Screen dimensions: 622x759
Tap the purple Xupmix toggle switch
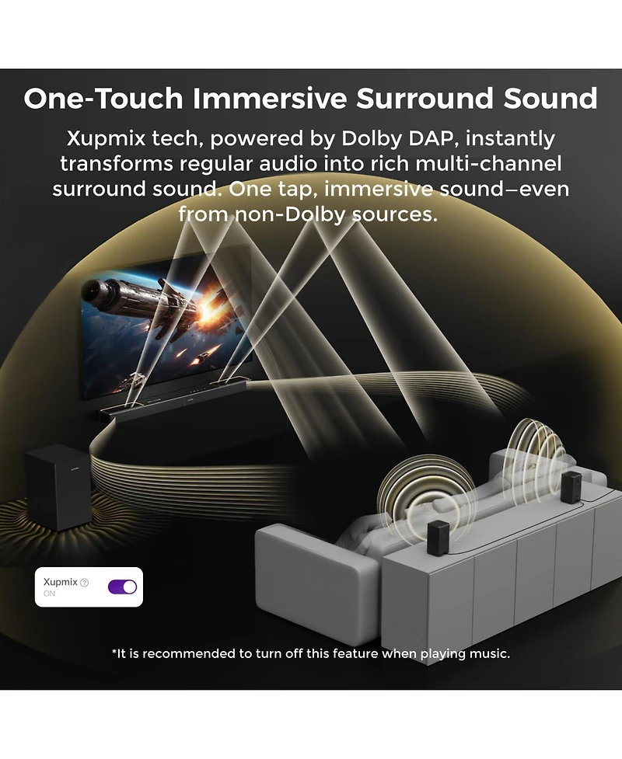[122, 587]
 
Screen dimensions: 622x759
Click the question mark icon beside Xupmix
[84, 583]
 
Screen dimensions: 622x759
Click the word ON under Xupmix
[50, 594]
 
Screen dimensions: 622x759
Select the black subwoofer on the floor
[58, 487]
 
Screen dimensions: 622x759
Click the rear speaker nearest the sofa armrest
[439, 538]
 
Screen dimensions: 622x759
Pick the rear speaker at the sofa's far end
[571, 487]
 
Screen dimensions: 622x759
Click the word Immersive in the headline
[270, 99]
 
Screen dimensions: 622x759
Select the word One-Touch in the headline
[103, 99]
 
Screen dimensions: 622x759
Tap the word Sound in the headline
[550, 99]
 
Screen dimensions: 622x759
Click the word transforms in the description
[117, 164]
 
